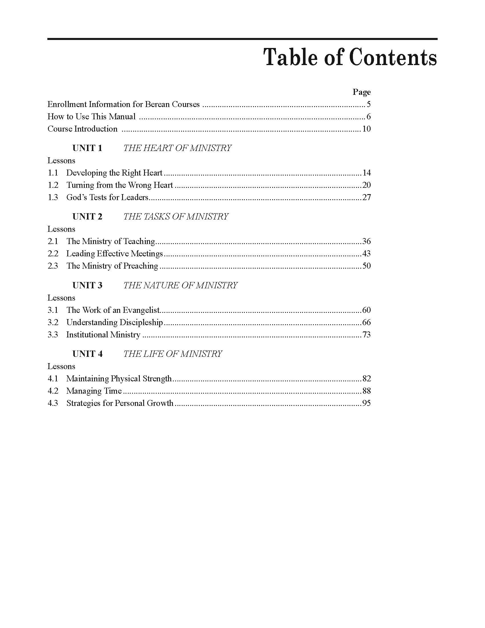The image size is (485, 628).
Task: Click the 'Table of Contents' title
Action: point(350,57)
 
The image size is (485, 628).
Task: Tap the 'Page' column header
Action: point(361,92)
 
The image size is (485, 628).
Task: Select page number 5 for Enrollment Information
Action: point(368,104)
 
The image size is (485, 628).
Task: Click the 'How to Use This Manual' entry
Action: point(91,116)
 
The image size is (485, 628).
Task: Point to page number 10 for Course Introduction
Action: point(366,129)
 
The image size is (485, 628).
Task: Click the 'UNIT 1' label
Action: point(87,148)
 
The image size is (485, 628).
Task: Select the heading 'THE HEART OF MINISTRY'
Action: point(177,148)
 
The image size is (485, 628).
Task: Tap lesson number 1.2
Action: point(53,185)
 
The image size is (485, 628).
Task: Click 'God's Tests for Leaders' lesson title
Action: point(107,197)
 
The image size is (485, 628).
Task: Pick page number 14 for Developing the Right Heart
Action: point(366,173)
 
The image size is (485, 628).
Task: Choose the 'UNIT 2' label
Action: point(87,217)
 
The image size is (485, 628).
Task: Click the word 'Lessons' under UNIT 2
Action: point(61,229)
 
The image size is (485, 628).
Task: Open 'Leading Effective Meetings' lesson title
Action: point(114,253)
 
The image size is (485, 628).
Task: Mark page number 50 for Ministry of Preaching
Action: point(366,266)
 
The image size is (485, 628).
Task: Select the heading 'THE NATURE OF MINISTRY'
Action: point(180,285)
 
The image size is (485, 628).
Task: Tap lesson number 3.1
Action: point(53,310)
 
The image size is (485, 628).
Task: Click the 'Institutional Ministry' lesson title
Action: point(103,335)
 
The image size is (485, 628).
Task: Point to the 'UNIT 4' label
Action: point(87,354)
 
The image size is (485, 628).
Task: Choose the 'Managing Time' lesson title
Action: point(94,391)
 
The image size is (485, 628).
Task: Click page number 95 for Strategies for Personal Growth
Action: point(366,403)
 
